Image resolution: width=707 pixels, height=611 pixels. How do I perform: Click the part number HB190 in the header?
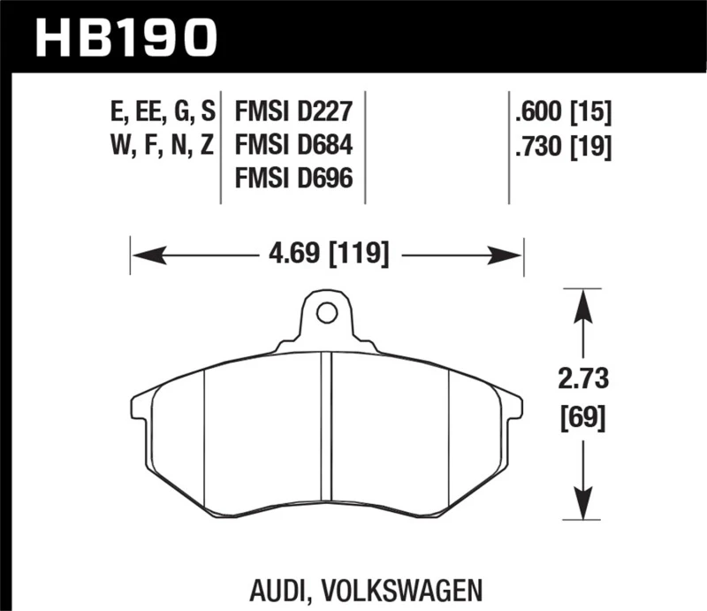[x=125, y=36]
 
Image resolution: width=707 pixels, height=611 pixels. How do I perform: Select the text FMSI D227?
[x=293, y=112]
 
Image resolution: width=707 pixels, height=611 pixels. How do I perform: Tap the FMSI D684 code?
[x=293, y=145]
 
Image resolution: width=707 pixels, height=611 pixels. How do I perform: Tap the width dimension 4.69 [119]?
[x=328, y=256]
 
